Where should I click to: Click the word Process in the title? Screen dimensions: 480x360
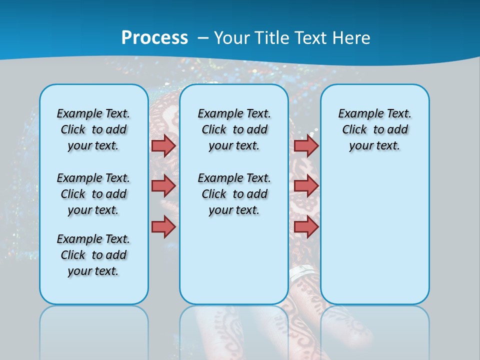click(154, 37)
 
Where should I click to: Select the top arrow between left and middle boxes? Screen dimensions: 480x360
click(163, 145)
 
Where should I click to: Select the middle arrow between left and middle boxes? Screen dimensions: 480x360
click(163, 186)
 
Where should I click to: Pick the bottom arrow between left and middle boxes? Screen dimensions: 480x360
click(163, 226)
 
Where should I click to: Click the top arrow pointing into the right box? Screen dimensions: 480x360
click(306, 145)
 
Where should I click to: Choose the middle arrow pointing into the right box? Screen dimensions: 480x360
click(306, 186)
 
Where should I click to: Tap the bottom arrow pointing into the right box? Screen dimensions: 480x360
click(306, 226)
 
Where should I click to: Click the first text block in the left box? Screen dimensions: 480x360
click(93, 129)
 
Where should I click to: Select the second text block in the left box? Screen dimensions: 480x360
click(93, 194)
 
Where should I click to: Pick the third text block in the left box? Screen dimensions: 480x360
click(93, 255)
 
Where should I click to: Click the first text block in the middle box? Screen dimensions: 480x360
click(234, 129)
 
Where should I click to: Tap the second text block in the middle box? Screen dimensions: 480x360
click(234, 194)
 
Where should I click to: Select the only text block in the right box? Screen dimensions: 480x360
click(375, 129)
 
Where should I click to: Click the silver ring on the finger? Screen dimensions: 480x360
click(303, 273)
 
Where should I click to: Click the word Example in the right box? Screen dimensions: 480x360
click(357, 114)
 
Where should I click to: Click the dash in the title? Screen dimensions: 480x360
click(203, 37)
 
